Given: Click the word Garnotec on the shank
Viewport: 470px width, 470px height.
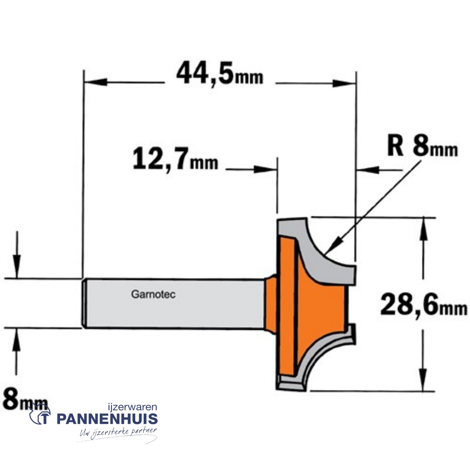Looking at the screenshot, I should pos(153,295).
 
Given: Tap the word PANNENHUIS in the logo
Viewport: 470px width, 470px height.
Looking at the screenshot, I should pos(107,419).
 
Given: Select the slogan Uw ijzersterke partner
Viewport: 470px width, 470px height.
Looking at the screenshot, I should pos(117,433).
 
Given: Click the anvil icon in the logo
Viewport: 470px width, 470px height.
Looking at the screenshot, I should pos(40,413).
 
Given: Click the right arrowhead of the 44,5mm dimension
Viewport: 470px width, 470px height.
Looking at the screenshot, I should pos(344,82).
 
